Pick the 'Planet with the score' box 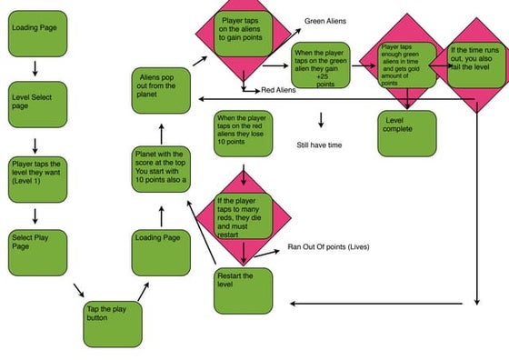162,172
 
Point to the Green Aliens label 326,20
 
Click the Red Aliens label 279,91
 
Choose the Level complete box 406,133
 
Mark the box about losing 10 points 243,133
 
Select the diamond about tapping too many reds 244,215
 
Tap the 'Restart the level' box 243,289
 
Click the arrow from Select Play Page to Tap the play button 79,290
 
